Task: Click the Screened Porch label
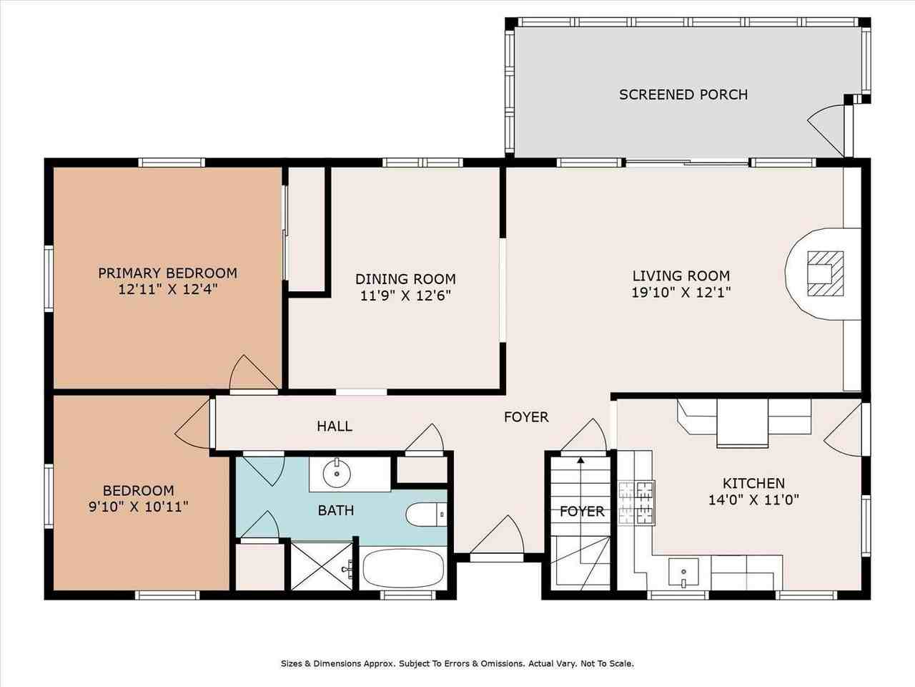coord(683,94)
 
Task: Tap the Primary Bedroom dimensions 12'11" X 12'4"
coord(167,290)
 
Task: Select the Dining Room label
coord(405,279)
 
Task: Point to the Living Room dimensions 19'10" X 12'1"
coord(681,292)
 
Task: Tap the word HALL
coord(335,427)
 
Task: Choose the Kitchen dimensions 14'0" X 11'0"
coord(753,500)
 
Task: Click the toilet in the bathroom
coord(425,515)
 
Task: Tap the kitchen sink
coord(684,572)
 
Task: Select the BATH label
coord(335,510)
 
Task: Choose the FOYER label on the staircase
coord(582,511)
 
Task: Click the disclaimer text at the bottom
coord(457,663)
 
